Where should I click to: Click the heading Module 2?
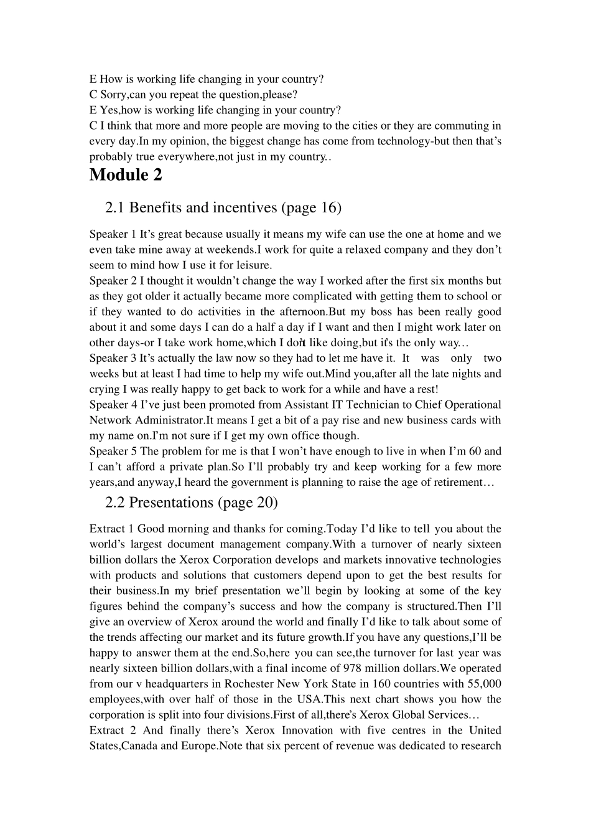pyautogui.click(x=126, y=175)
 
